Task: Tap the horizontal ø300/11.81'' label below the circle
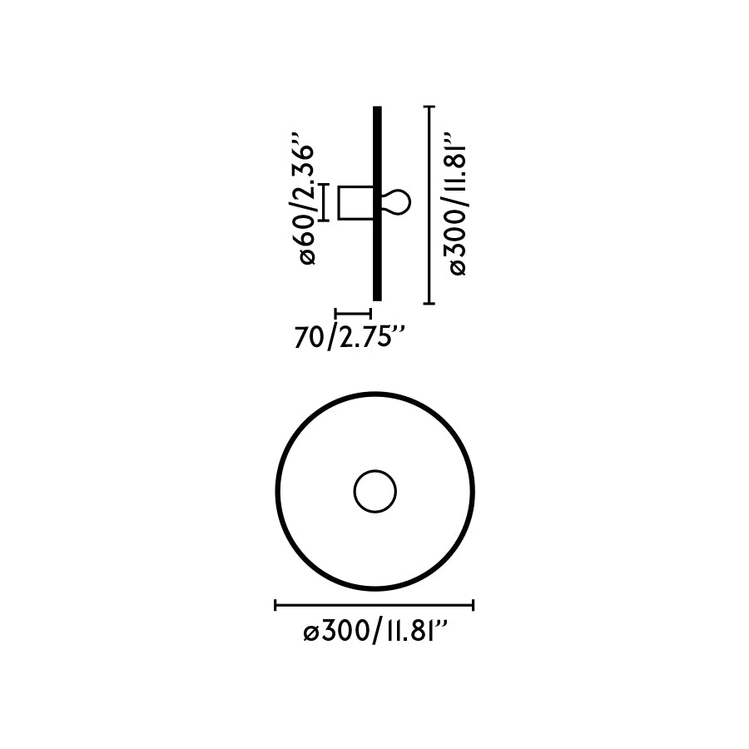click(376, 632)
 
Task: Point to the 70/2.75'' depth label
click(350, 337)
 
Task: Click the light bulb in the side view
click(396, 202)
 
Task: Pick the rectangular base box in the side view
click(355, 202)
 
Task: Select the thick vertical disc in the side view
click(377, 203)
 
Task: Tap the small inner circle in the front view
click(374, 491)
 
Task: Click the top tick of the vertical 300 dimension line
click(429, 107)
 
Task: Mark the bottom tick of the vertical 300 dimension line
click(429, 303)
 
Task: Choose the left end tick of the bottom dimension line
click(275, 605)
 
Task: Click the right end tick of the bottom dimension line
click(473, 605)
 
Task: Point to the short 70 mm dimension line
click(352, 314)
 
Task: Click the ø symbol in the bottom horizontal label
click(310, 633)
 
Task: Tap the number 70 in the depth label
click(309, 337)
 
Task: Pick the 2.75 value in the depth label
click(365, 337)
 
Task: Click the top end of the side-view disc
click(377, 110)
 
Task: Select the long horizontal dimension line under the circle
click(374, 605)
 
